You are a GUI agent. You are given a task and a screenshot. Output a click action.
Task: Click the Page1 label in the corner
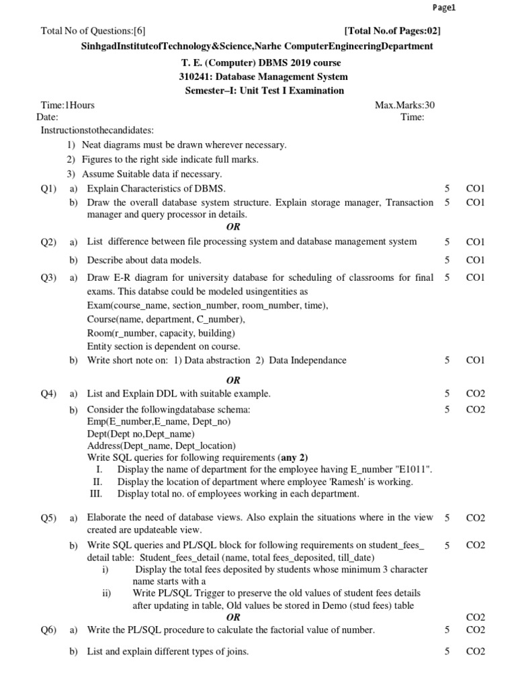click(445, 7)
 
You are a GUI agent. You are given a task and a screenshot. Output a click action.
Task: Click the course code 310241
click(194, 77)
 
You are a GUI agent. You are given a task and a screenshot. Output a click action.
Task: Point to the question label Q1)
click(48, 189)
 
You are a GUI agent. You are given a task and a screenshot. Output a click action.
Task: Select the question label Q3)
click(48, 277)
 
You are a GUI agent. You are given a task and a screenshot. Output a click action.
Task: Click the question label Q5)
click(48, 518)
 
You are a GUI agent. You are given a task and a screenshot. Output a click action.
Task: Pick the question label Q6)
click(48, 630)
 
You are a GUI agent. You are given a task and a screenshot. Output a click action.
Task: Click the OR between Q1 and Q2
click(233, 227)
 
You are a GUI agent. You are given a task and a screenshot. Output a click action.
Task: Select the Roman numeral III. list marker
click(95, 494)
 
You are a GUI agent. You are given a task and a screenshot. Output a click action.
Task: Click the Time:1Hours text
click(68, 105)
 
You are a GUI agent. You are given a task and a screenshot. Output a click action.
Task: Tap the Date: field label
click(47, 117)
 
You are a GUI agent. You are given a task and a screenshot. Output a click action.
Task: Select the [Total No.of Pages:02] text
click(392, 30)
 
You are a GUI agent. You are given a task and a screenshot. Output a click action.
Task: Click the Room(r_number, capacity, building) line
click(161, 333)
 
